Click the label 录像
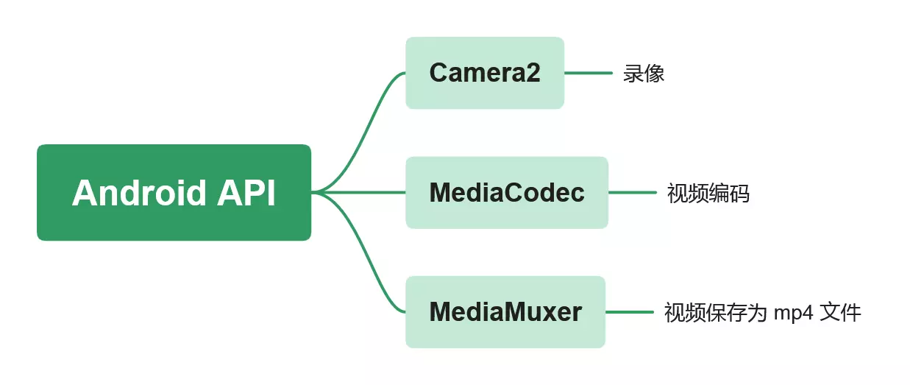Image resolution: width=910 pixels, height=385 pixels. [644, 74]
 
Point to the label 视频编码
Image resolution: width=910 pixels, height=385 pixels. [708, 193]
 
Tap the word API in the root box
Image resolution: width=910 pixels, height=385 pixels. [246, 193]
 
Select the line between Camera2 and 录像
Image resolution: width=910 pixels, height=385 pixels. [588, 73]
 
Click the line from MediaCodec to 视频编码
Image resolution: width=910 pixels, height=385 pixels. [632, 193]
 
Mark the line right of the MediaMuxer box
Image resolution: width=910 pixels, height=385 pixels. [629, 312]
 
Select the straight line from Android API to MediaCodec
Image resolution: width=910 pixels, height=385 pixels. [360, 193]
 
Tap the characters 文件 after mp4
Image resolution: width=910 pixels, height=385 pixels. [841, 312]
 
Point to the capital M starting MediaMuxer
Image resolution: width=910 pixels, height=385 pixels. [440, 312]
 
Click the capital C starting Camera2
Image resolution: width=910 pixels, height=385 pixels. [439, 73]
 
